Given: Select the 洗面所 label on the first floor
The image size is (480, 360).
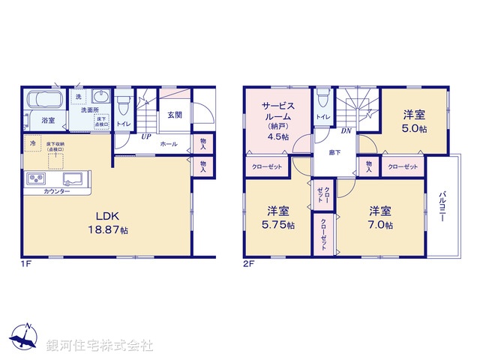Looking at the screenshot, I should tap(91, 109).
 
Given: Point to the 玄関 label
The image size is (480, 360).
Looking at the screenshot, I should tap(174, 115).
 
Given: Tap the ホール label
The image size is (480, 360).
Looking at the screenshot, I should tap(169, 143).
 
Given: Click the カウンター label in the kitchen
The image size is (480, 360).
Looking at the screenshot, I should tap(56, 192).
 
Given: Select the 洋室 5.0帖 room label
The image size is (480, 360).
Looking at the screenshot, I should tap(414, 121).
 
